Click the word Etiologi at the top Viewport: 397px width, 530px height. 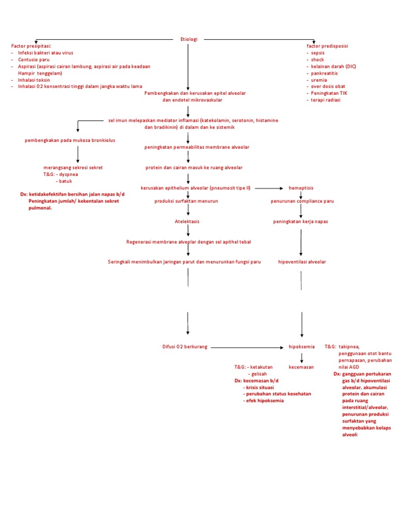click(x=189, y=39)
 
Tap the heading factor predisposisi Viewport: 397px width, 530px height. click(x=327, y=46)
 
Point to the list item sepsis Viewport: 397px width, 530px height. click(x=317, y=53)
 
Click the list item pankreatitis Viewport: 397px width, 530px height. click(x=325, y=73)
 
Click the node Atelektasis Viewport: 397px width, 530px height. click(x=187, y=222)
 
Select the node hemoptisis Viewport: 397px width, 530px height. click(x=301, y=188)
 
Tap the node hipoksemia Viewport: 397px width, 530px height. click(x=301, y=347)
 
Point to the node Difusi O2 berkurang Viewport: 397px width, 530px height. click(x=185, y=347)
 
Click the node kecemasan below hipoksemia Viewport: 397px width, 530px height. click(x=301, y=367)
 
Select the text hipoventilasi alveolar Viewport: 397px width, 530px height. click(x=302, y=262)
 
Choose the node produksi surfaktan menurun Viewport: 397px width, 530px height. click(x=186, y=201)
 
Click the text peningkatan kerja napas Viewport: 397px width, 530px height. click(x=300, y=222)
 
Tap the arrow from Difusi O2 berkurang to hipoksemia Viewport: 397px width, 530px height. click(x=248, y=347)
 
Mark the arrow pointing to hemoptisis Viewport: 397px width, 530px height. click(x=269, y=188)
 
